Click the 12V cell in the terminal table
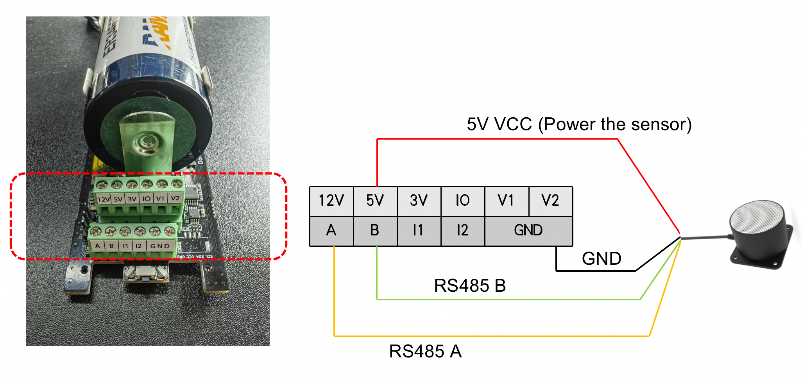tap(331, 201)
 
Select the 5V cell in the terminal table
tap(375, 201)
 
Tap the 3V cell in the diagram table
tap(419, 201)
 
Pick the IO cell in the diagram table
tap(463, 201)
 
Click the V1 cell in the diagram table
tap(507, 201)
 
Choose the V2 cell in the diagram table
tap(550, 201)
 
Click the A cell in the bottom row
tap(331, 231)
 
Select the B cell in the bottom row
tap(375, 231)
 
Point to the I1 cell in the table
tap(419, 231)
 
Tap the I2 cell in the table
tap(463, 231)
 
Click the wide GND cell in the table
tap(528, 231)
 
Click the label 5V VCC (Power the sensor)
tap(579, 124)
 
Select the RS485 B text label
tap(470, 286)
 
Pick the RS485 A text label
tap(425, 351)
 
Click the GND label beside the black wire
tap(601, 259)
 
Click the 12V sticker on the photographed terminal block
tap(103, 199)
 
